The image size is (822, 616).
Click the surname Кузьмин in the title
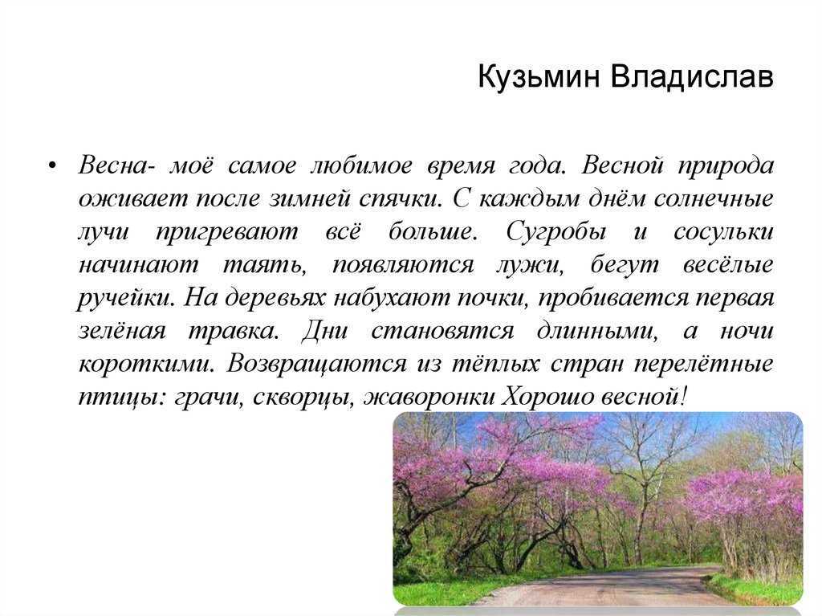click(x=539, y=76)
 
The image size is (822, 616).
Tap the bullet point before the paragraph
click(x=51, y=166)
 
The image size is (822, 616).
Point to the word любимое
click(x=361, y=165)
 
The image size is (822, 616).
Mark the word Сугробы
click(x=555, y=232)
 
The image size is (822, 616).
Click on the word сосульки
click(x=723, y=232)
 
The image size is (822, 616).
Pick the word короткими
click(x=147, y=364)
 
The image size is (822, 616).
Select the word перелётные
click(x=703, y=364)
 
